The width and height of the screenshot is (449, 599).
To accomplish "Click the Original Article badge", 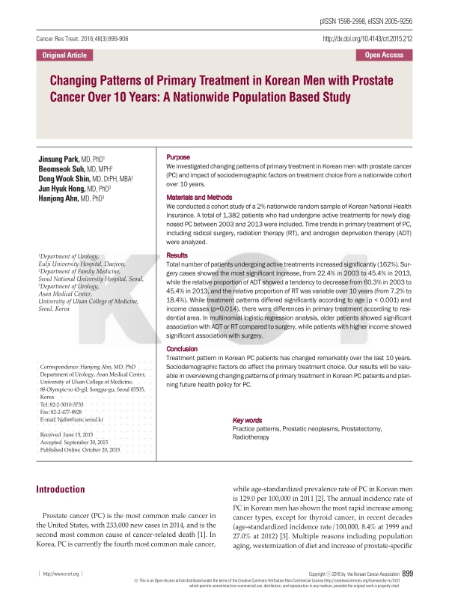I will [64, 55].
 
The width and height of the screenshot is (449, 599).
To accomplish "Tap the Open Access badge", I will [384, 55].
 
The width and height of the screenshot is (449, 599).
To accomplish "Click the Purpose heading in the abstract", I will [178, 156].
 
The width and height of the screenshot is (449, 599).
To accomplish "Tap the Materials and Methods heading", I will [201, 197].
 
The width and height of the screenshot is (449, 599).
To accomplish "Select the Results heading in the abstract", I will [177, 255].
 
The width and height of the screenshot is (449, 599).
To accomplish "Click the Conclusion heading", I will [183, 348].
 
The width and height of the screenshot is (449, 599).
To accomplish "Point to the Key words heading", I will [248, 420].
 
